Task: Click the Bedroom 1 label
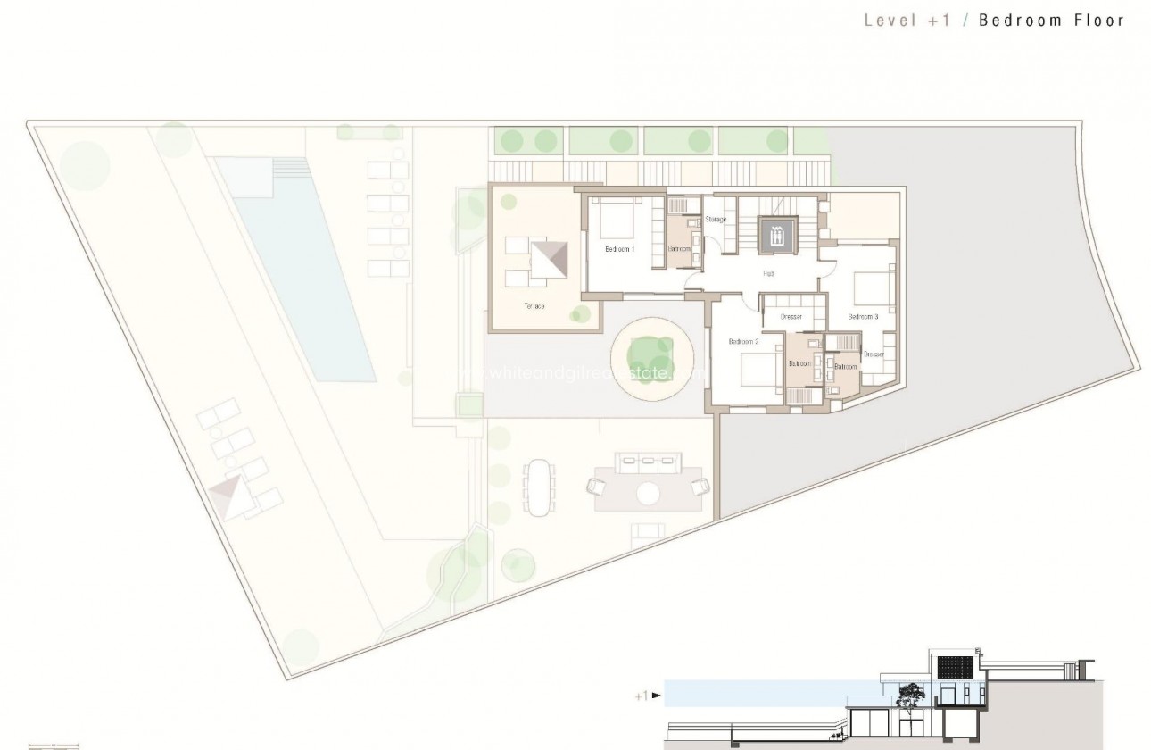(x=619, y=249)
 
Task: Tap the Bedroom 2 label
(x=742, y=342)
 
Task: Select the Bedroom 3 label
(x=863, y=317)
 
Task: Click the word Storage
(x=716, y=220)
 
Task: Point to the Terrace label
(x=534, y=306)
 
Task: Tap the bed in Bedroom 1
(x=615, y=217)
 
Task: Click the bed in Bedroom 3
(x=873, y=287)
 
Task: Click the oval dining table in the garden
(x=538, y=487)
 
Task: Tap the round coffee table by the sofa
(x=649, y=492)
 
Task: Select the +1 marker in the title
(x=938, y=21)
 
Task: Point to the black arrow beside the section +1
(x=657, y=695)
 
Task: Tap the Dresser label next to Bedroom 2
(x=791, y=317)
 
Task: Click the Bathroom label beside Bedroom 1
(x=680, y=249)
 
